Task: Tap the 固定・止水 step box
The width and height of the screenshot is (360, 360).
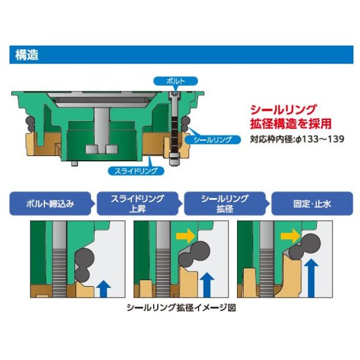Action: (x=312, y=203)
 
